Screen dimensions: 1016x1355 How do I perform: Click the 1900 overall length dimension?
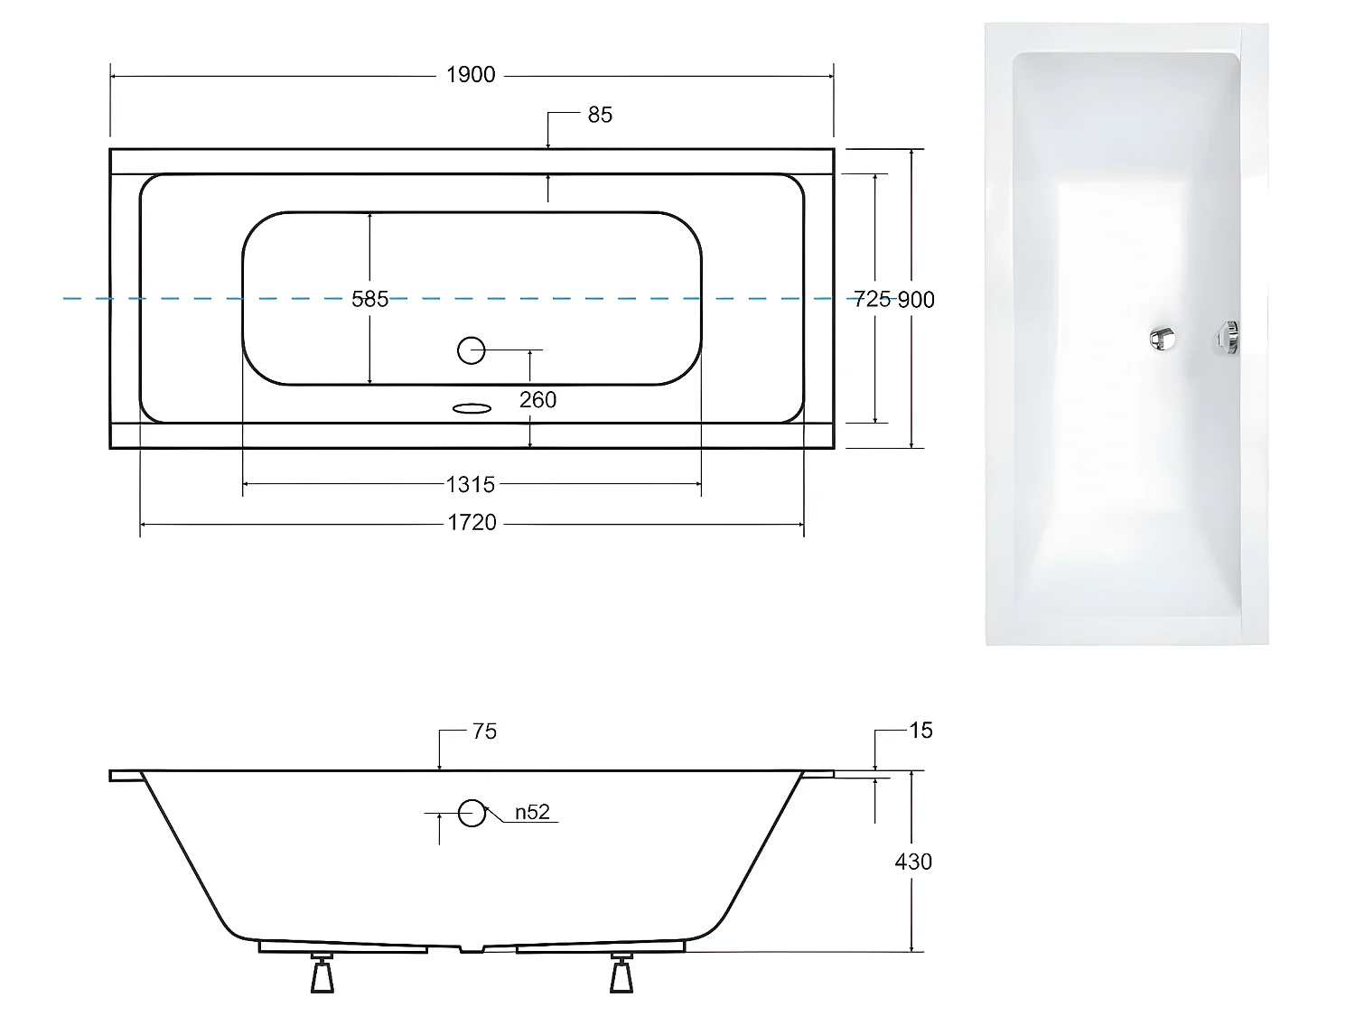click(471, 75)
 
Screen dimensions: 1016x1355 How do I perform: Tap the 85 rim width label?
click(599, 115)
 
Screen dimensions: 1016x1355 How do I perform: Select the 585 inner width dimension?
click(370, 299)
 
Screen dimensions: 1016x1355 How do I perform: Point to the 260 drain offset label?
click(537, 400)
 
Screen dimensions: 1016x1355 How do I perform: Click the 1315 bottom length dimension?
click(471, 485)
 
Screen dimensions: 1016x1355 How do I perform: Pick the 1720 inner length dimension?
click(472, 523)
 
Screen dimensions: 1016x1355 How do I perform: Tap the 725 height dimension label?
click(872, 299)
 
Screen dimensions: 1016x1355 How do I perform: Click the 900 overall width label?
click(916, 300)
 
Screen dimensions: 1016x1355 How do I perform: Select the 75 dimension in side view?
click(484, 732)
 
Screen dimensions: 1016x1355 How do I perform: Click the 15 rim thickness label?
click(920, 731)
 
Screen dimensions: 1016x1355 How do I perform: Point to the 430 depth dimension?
click(913, 862)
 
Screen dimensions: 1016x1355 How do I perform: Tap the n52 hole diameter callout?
click(532, 813)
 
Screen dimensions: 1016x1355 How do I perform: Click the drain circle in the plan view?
click(472, 350)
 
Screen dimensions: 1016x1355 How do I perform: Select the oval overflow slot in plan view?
click(472, 409)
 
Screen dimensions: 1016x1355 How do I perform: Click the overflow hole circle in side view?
click(472, 813)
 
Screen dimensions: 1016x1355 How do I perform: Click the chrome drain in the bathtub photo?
click(1162, 338)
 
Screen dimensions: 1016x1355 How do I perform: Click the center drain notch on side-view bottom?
click(472, 948)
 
